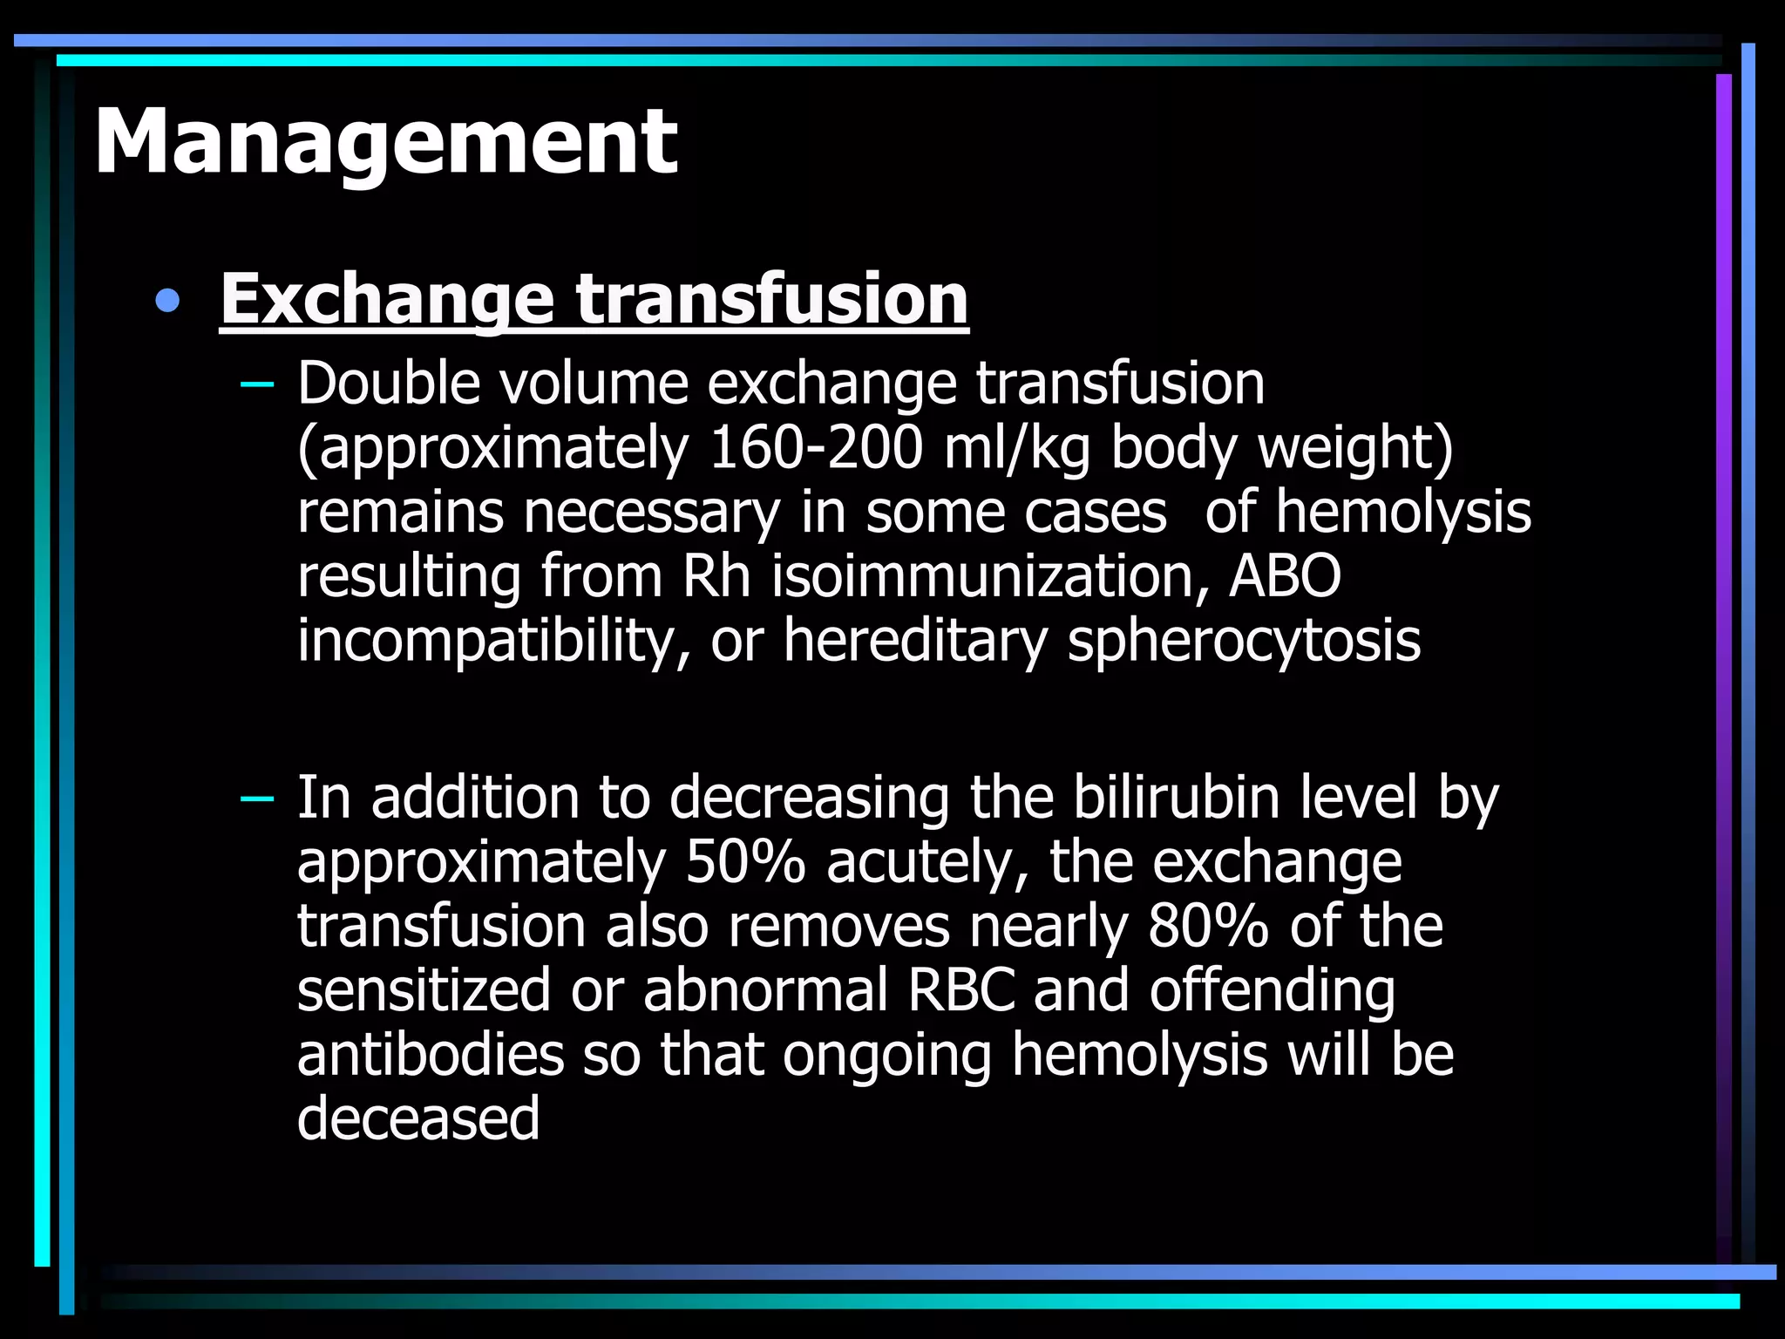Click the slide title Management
click(x=385, y=142)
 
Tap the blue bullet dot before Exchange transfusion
click(x=166, y=302)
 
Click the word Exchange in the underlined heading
click(x=387, y=300)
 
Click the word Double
click(x=388, y=384)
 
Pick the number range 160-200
click(x=816, y=448)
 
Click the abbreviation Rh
click(x=716, y=576)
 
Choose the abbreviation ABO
click(x=1284, y=576)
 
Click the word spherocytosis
click(x=1244, y=641)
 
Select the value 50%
click(x=745, y=862)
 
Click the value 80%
click(x=1208, y=926)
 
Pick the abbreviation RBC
click(x=962, y=990)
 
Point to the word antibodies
click(x=431, y=1055)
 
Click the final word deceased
click(x=418, y=1118)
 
